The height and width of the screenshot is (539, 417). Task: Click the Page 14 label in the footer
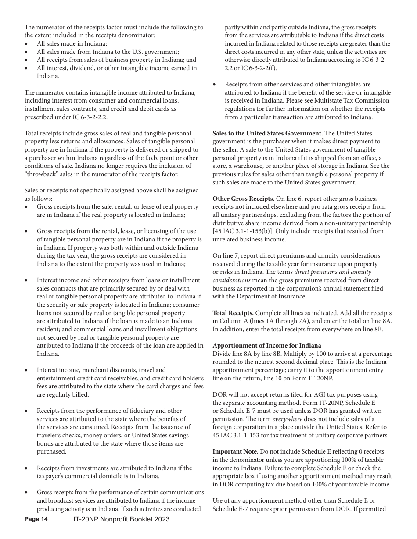(x=36, y=519)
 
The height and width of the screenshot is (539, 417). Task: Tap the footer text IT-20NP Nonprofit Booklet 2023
(x=122, y=519)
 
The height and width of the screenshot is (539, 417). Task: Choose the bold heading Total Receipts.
(x=233, y=313)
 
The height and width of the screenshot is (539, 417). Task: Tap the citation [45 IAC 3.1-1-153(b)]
(x=247, y=231)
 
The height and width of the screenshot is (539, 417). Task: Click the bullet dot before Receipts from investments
(x=27, y=468)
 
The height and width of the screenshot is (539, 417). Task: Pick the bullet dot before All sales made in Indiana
(x=27, y=44)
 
